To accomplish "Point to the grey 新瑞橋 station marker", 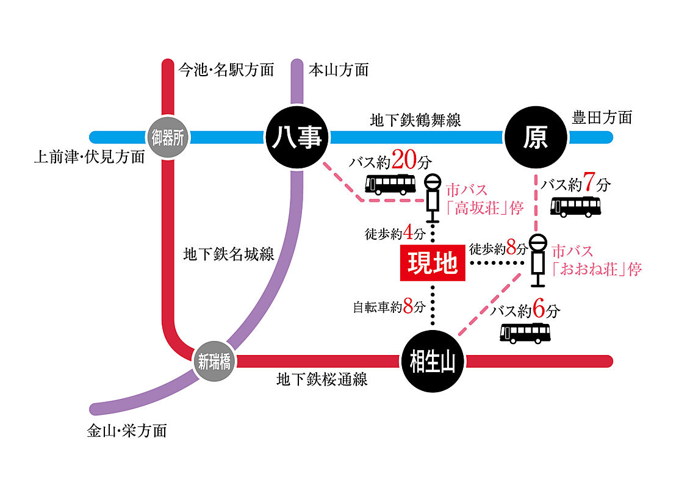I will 214,362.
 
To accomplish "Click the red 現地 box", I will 433,265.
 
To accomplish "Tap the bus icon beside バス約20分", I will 390,184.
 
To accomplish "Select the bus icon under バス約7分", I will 575,206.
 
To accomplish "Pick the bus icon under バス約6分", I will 525,332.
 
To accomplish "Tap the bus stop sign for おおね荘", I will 537,260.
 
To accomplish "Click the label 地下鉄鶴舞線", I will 415,120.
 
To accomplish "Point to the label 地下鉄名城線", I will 229,254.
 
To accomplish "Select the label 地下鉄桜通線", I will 322,380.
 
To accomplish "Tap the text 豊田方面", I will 602,117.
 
